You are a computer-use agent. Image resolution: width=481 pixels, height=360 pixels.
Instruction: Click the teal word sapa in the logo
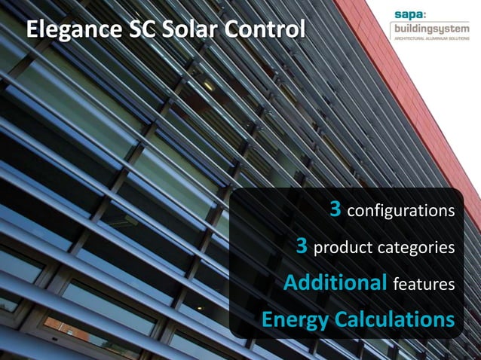click(x=408, y=14)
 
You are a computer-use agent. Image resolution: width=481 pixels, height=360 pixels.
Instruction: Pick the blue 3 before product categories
click(x=302, y=246)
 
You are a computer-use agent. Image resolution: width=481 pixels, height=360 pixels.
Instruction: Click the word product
click(x=341, y=248)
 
